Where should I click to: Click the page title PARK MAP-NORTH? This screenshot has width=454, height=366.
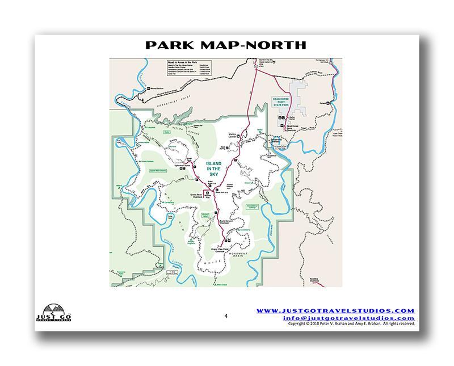226,45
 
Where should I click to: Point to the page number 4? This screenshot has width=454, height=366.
226,316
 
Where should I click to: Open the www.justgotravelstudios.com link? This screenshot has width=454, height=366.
335,310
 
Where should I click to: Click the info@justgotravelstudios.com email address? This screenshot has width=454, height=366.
349,318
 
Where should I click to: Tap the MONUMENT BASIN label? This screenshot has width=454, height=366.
241,255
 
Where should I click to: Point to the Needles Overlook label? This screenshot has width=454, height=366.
313,280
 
